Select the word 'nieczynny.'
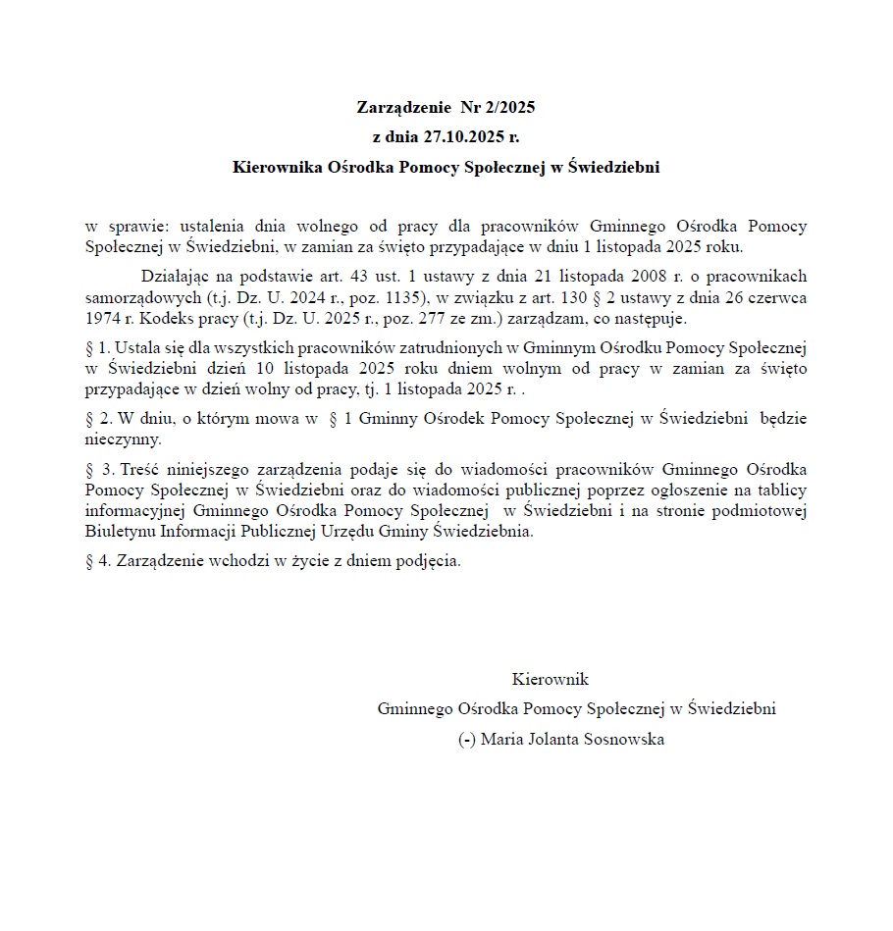123,439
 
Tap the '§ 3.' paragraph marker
100,468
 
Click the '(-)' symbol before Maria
467,740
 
